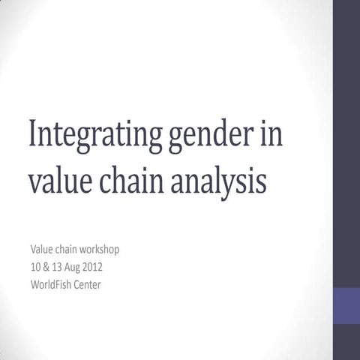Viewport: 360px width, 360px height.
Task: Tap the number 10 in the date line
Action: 35,266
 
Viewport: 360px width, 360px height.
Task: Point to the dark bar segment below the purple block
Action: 346,342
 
